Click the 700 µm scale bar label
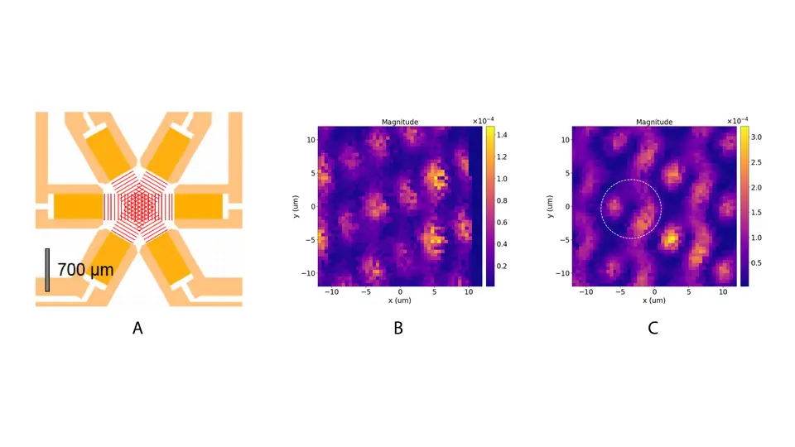tap(85, 269)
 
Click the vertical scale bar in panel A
tap(47, 270)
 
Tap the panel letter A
tap(137, 328)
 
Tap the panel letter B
tap(397, 328)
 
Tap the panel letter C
tap(653, 328)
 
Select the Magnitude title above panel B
tap(399, 123)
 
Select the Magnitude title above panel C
tap(653, 123)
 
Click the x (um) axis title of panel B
tap(399, 300)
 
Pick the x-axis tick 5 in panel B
tap(434, 292)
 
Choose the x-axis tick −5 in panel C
tap(619, 292)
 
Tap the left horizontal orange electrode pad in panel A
tap(76, 205)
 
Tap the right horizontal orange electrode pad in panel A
tap(200, 205)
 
